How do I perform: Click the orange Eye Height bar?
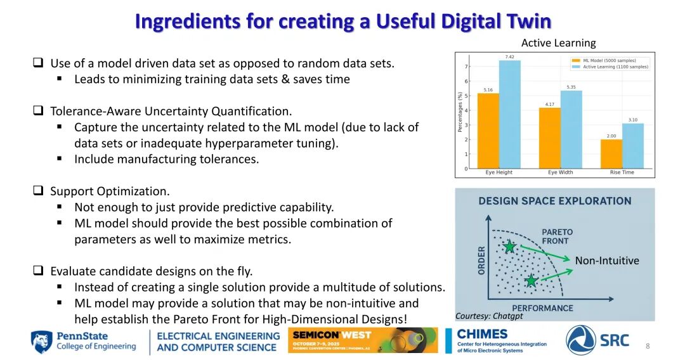point(488,131)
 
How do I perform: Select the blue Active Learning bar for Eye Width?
point(571,129)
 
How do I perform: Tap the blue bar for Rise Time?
point(632,146)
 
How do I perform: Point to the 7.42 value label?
point(509,57)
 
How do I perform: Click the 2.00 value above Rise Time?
point(611,136)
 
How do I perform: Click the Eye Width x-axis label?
point(560,172)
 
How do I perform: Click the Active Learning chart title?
point(558,42)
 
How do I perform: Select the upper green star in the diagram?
point(509,247)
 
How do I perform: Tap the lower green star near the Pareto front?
point(531,281)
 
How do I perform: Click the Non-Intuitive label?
point(607,260)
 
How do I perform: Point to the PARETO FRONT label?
point(557,236)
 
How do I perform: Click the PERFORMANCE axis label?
point(542,308)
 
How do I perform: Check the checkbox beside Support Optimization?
point(39,191)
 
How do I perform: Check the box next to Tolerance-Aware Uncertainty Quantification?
point(39,110)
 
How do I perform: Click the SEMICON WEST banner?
point(363,340)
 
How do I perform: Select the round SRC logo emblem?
point(580,340)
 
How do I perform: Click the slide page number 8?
point(648,346)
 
